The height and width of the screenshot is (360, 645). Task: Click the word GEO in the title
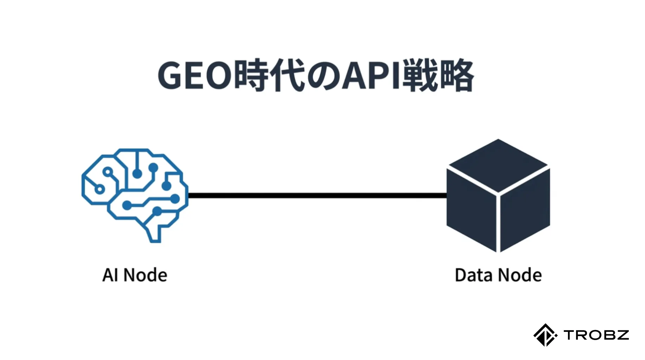pos(194,76)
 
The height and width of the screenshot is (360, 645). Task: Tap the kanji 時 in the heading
pos(251,76)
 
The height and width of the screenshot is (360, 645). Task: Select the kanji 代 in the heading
pos(288,76)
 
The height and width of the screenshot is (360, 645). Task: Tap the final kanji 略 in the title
pos(456,76)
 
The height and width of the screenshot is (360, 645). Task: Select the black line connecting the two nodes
pos(317,195)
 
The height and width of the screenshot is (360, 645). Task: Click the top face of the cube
pos(498,165)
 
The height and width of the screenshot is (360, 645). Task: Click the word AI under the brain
pos(110,275)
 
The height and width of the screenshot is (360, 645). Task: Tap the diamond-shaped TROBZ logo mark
pos(545,335)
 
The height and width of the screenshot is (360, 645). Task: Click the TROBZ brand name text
pos(596,335)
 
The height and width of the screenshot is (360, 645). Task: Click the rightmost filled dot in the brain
pos(175,199)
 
